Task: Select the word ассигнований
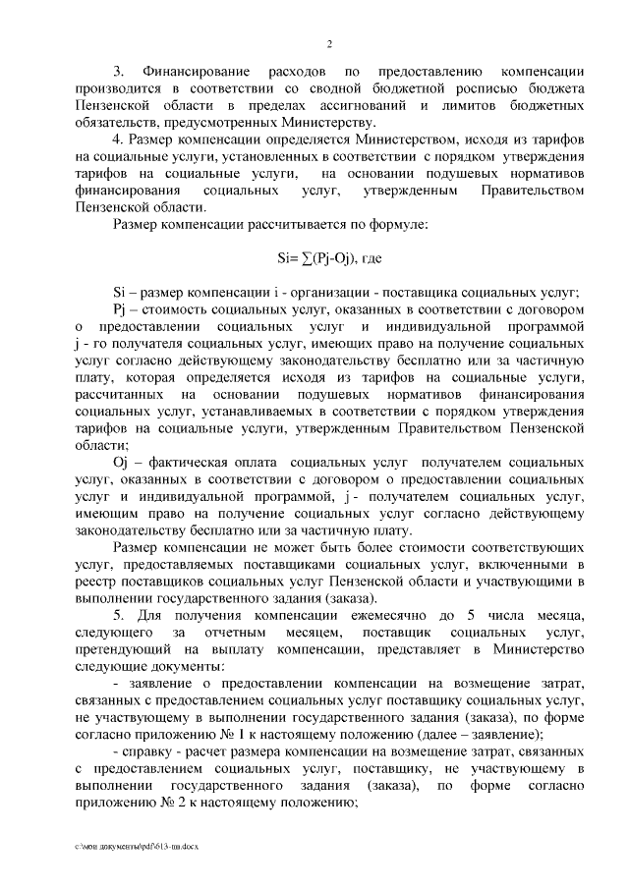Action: tap(366, 105)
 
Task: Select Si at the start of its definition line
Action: tap(120, 293)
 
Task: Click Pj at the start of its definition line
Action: tap(121, 309)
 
